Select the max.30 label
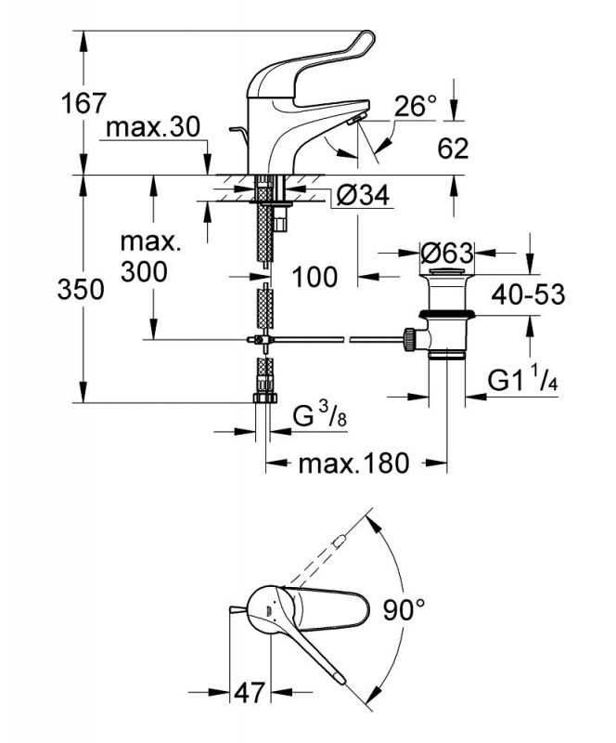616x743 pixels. click(152, 128)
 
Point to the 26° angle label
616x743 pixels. click(415, 107)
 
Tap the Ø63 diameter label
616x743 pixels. click(447, 253)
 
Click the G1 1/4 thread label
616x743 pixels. click(524, 380)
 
